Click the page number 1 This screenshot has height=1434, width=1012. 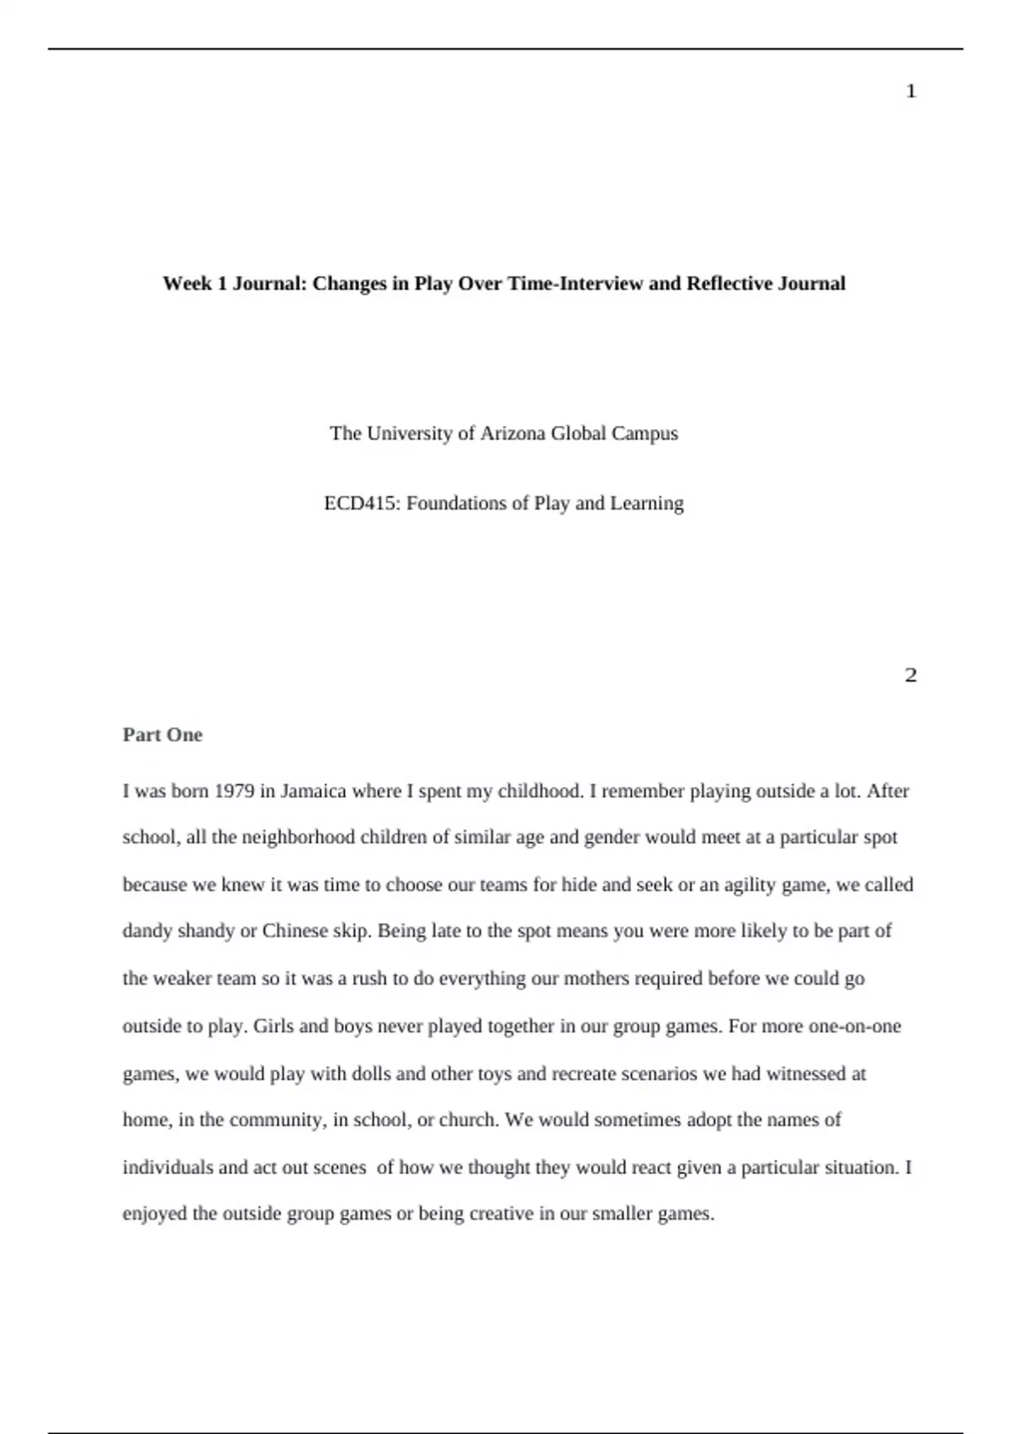coord(911,91)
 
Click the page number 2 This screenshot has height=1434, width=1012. coord(911,676)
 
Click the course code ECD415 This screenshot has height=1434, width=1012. coord(361,504)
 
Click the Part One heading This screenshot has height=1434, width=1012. coord(163,735)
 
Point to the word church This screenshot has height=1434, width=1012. coord(469,1120)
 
